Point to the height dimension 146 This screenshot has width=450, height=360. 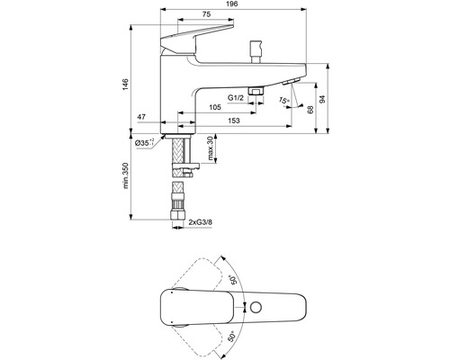coord(126,83)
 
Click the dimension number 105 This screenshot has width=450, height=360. coord(215,107)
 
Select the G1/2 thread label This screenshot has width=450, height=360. coord(237,95)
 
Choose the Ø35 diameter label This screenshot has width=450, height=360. coord(145,142)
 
